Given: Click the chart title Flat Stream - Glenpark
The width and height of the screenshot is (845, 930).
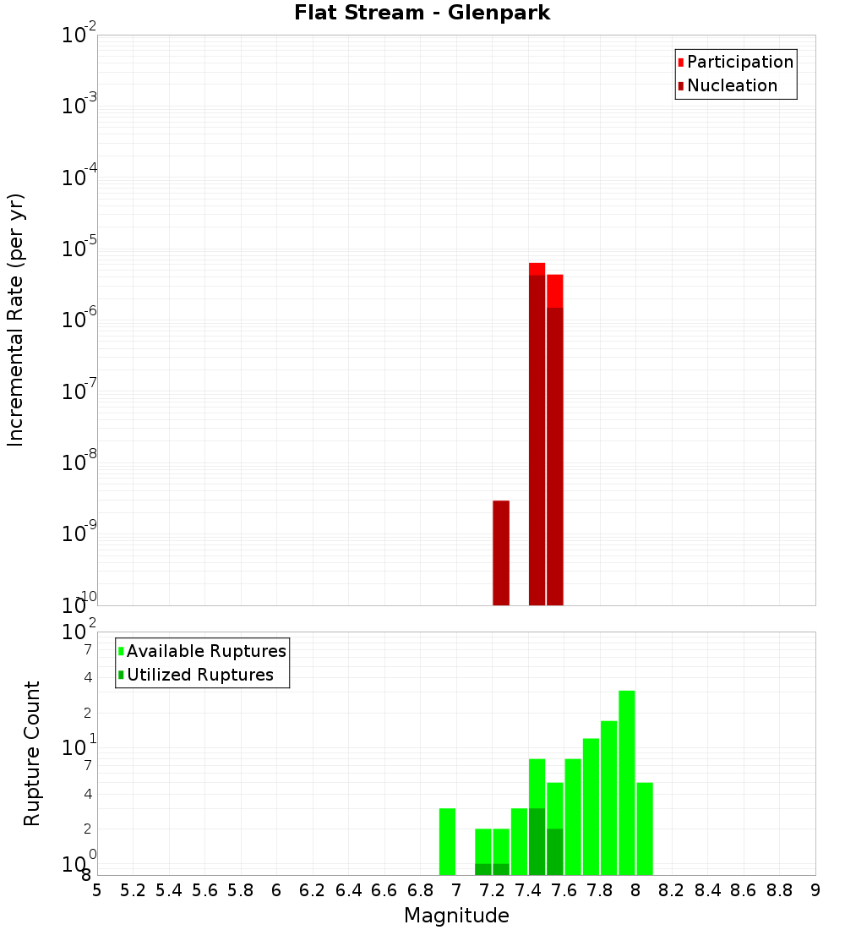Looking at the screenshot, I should (422, 13).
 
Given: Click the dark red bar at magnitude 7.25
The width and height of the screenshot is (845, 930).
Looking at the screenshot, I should (501, 554).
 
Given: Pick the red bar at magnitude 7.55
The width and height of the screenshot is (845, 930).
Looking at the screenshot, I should (555, 440).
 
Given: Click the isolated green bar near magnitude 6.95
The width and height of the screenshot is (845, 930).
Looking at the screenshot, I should (448, 841).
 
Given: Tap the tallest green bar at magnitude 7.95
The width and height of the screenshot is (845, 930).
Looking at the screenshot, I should (627, 782).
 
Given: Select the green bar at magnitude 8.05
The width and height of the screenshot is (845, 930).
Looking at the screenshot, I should (645, 829).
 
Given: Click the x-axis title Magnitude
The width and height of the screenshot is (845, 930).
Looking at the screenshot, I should (456, 916).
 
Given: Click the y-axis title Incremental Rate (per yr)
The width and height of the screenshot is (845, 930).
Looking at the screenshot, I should (16, 321).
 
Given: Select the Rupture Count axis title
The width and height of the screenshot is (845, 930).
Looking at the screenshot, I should (32, 753).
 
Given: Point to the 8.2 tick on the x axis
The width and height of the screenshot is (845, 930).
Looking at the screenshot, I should (671, 890).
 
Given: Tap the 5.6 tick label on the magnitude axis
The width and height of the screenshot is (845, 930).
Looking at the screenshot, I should (204, 890).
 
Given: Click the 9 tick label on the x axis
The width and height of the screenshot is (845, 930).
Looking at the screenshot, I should (815, 890).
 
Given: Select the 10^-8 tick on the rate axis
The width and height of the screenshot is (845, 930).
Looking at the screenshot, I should (79, 462).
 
